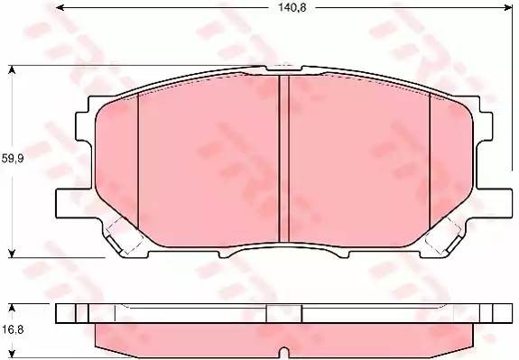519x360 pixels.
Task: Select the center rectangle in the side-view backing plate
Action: point(283,312)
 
